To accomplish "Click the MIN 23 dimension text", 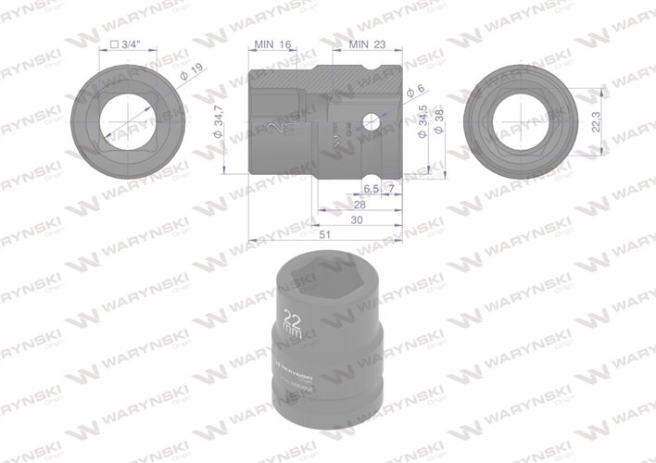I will point(368,44).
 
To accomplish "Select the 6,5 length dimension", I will point(369,189).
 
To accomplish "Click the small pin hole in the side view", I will point(372,120).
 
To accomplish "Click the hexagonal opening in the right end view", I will point(526,121).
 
